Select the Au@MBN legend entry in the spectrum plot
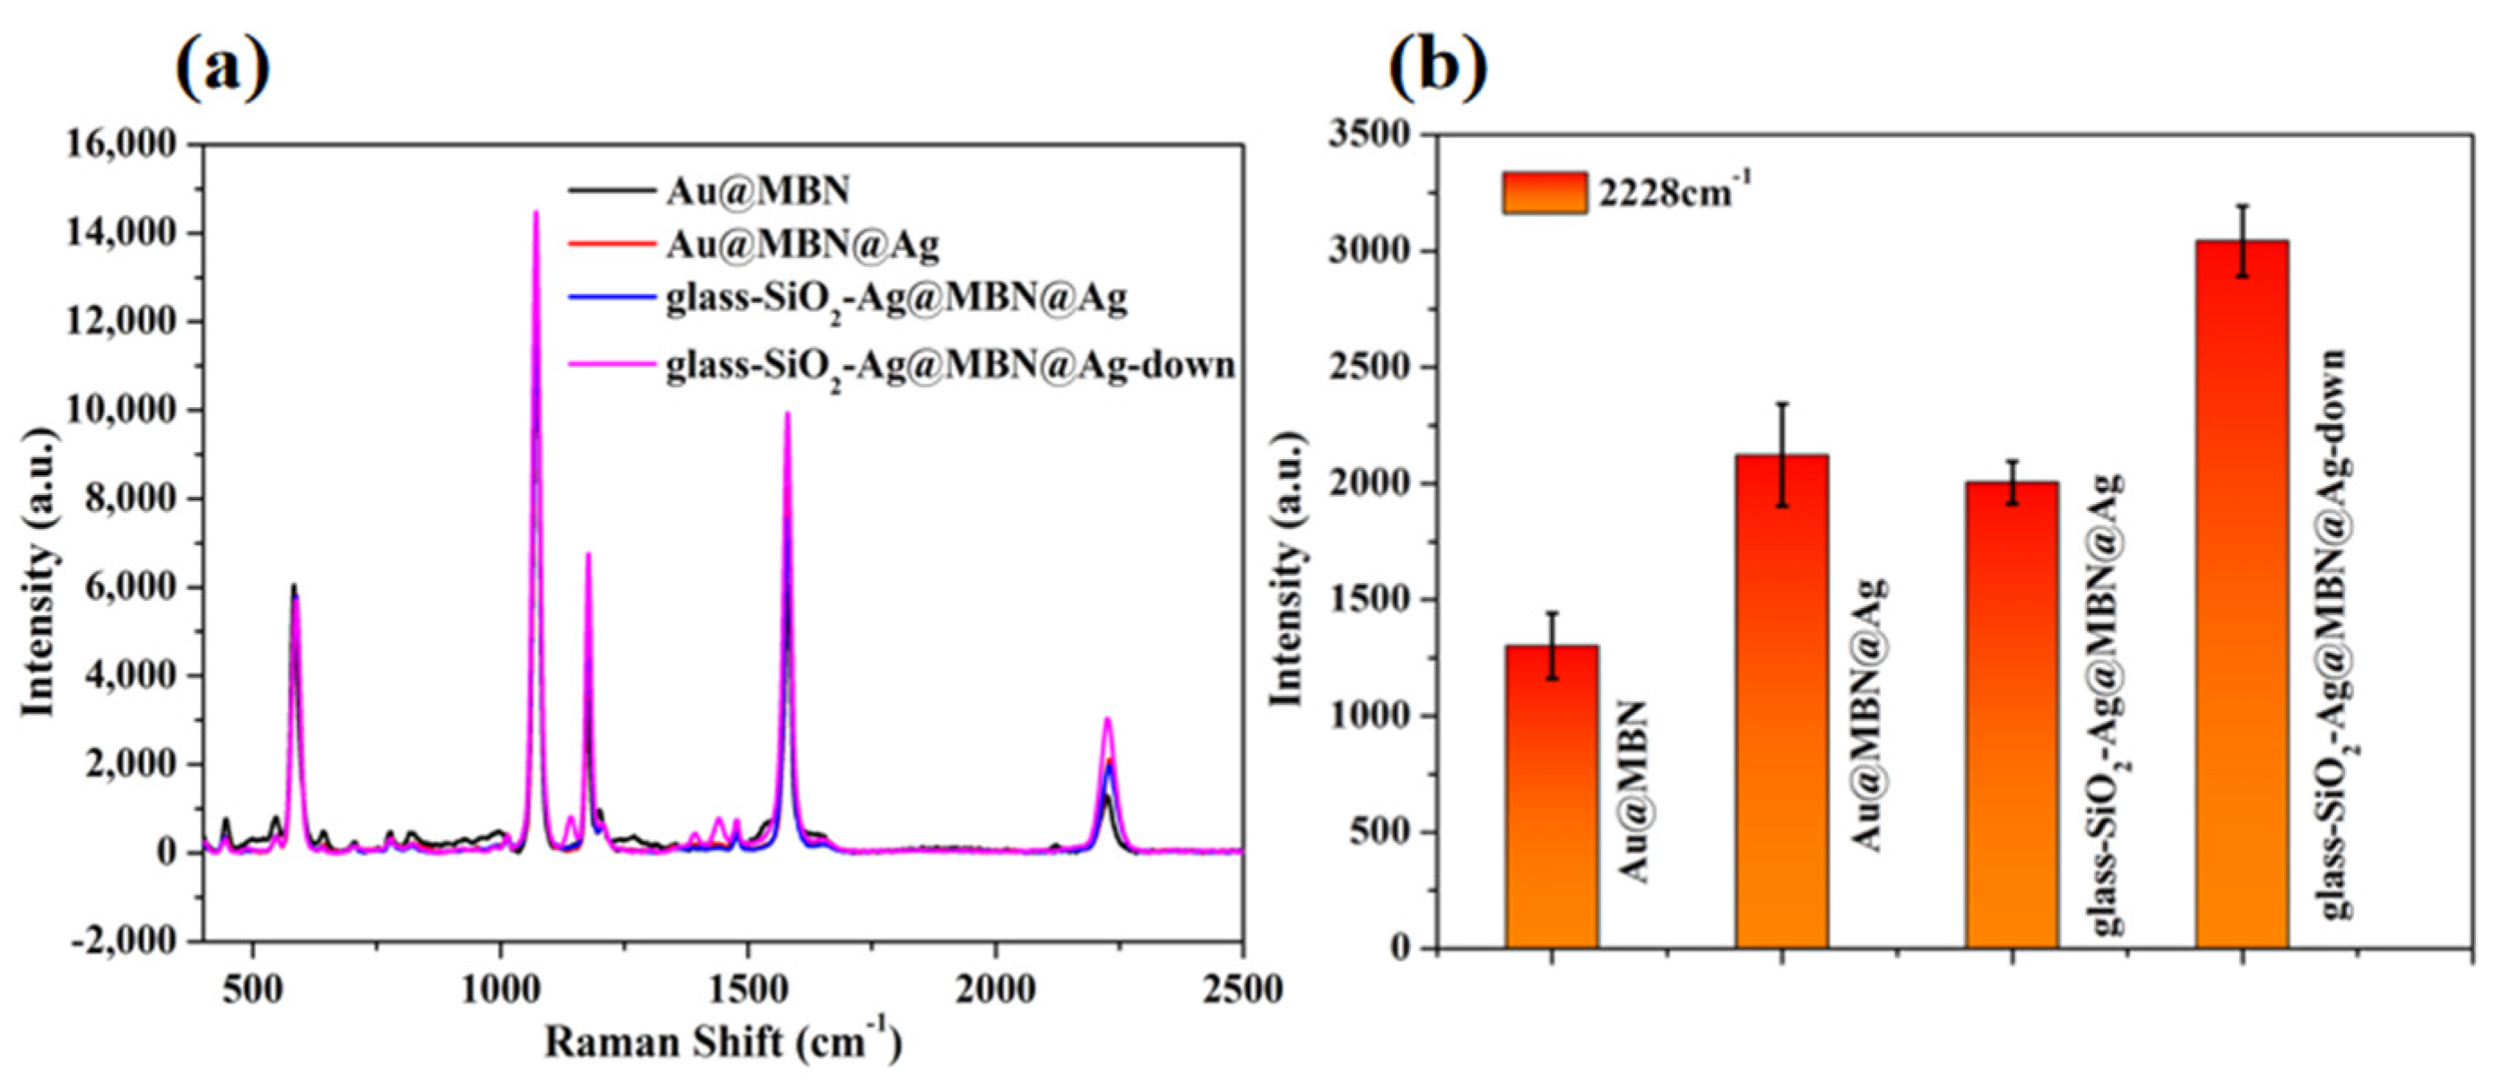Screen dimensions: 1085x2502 757,191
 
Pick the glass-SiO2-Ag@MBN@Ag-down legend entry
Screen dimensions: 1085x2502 950,366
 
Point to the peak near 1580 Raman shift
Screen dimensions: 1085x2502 788,416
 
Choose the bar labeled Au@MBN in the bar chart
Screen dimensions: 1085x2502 1552,796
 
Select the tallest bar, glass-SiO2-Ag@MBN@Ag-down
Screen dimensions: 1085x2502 2242,593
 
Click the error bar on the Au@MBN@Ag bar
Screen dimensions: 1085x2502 1782,455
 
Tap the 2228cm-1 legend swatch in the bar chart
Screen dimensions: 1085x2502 1545,192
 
